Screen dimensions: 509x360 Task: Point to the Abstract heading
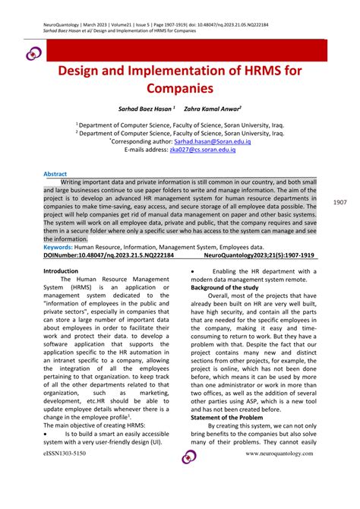click(55, 174)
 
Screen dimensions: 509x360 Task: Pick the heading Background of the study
click(226, 288)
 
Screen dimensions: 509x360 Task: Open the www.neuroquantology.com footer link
click(279, 453)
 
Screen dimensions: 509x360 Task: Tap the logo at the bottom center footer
click(188, 457)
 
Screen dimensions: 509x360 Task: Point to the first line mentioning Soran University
click(179, 123)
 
